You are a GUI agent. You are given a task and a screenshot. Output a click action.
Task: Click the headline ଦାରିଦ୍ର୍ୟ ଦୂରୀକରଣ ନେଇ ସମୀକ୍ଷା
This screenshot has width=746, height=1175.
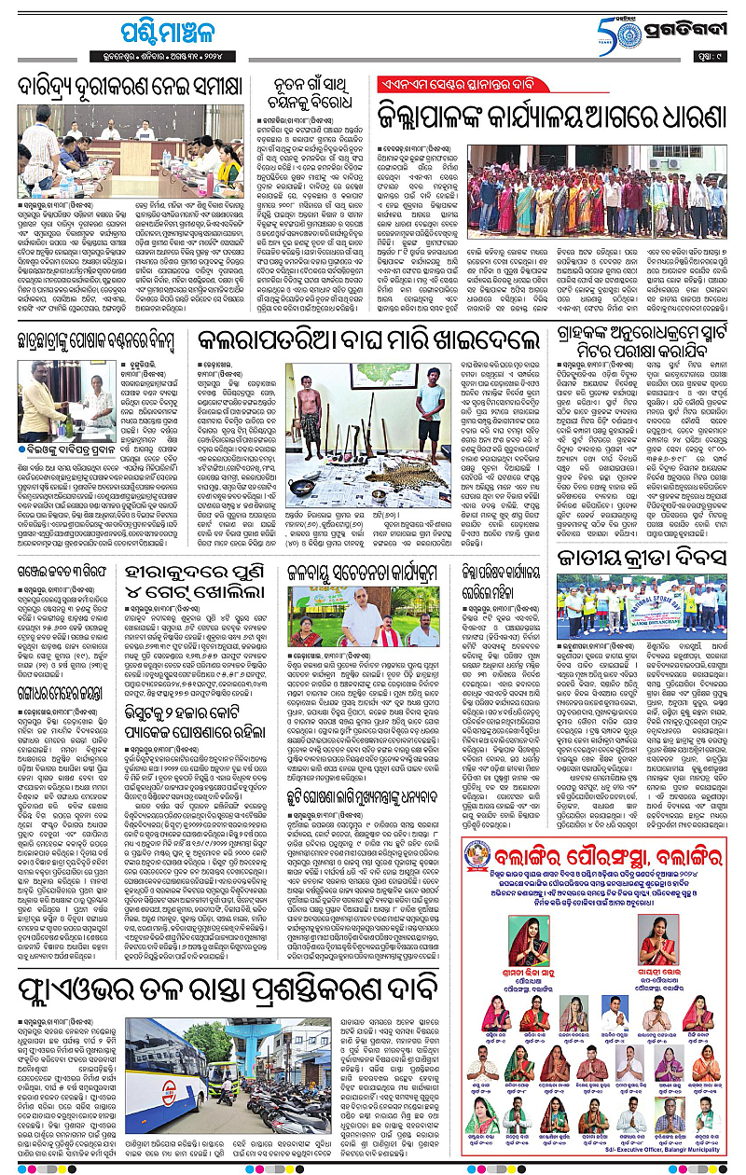pyautogui.click(x=133, y=90)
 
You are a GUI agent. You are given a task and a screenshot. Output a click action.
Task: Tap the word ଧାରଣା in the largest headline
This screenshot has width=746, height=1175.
pyautogui.click(x=685, y=117)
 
